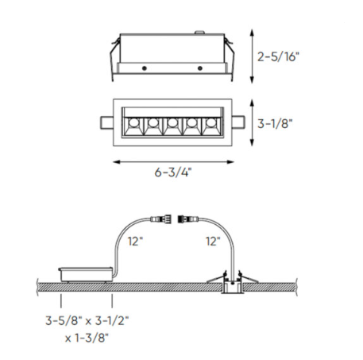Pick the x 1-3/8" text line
(87, 337)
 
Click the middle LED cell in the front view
(172, 125)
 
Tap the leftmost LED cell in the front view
(133, 125)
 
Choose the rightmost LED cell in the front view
(210, 125)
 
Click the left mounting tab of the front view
(106, 123)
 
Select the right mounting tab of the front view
(237, 123)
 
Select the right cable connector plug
(187, 215)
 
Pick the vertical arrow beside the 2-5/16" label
(253, 57)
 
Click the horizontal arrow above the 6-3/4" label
(172, 161)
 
